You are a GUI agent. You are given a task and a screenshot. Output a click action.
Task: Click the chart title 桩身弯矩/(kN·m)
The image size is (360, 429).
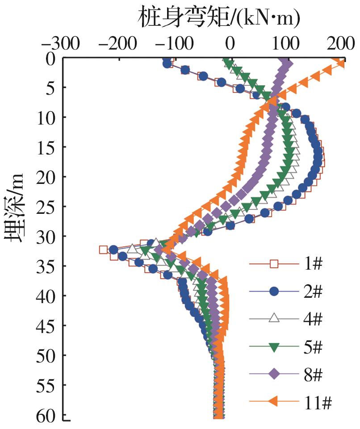[x=219, y=18]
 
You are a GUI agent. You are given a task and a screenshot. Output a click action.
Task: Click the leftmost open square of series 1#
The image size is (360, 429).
[x=103, y=250]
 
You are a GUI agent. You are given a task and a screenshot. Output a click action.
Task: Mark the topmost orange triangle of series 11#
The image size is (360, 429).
[x=341, y=63]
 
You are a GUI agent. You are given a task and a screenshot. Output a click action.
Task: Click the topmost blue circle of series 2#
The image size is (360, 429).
[x=167, y=64]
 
